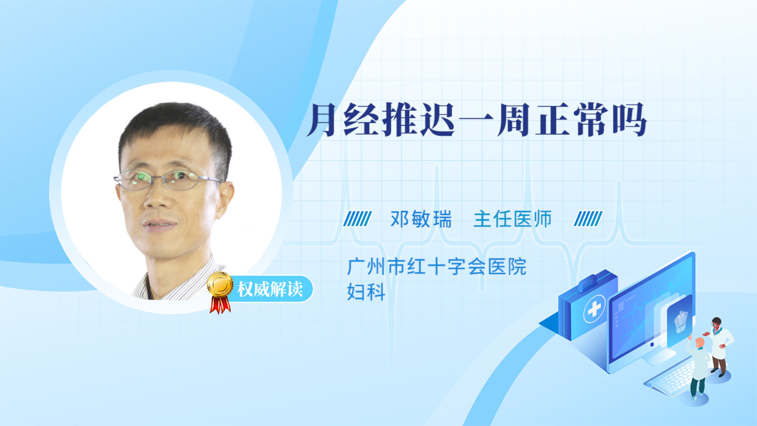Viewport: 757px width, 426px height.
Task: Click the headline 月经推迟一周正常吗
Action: pos(476,120)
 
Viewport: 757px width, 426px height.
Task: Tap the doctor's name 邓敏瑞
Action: pos(421,219)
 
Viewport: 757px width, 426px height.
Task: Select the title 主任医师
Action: pos(512,219)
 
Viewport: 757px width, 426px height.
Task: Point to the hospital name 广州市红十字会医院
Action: pos(437,267)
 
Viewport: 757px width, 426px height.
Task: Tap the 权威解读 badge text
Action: pos(270,289)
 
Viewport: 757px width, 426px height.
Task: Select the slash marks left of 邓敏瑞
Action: pos(357,219)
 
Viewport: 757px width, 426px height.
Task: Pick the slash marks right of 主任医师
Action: pos(588,219)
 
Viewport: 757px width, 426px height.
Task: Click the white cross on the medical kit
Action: pos(594,309)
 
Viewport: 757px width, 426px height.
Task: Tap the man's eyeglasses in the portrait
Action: pos(168,179)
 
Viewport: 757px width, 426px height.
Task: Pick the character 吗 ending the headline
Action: pos(631,120)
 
